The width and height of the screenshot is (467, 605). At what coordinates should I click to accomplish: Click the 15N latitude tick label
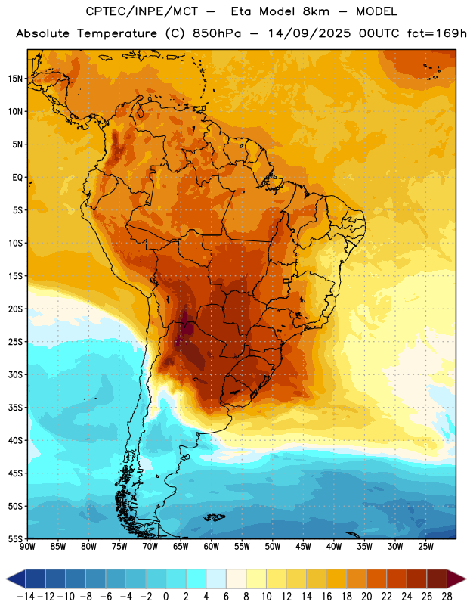click(15, 79)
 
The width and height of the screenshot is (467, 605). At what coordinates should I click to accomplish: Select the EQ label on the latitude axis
click(17, 178)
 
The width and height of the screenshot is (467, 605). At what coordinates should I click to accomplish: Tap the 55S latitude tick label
click(15, 538)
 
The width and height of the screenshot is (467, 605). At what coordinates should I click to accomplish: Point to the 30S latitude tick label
click(15, 374)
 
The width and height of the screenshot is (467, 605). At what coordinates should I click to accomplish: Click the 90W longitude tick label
click(27, 547)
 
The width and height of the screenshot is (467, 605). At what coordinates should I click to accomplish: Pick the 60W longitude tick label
click(212, 547)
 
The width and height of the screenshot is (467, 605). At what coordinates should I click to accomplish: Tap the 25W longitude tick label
click(425, 547)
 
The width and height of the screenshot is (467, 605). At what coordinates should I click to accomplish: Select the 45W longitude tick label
click(303, 547)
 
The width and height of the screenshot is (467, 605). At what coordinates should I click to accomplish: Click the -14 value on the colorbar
click(26, 597)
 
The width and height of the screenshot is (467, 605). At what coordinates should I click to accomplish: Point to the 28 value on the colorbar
click(447, 597)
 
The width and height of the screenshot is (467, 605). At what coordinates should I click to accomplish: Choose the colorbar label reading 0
click(165, 597)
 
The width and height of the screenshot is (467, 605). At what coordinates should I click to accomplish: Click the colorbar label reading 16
click(326, 597)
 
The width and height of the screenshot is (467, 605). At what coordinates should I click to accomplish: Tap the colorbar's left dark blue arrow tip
click(6, 579)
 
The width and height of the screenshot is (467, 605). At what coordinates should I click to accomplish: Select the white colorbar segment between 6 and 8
click(236, 579)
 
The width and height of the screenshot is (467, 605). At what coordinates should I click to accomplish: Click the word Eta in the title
click(240, 11)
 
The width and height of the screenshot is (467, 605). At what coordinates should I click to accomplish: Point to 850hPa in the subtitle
click(217, 33)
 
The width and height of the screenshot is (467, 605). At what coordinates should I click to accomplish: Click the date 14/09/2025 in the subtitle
click(309, 33)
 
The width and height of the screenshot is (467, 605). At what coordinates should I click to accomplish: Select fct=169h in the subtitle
click(437, 33)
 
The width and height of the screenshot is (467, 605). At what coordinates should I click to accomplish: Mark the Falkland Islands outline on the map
click(215, 517)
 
